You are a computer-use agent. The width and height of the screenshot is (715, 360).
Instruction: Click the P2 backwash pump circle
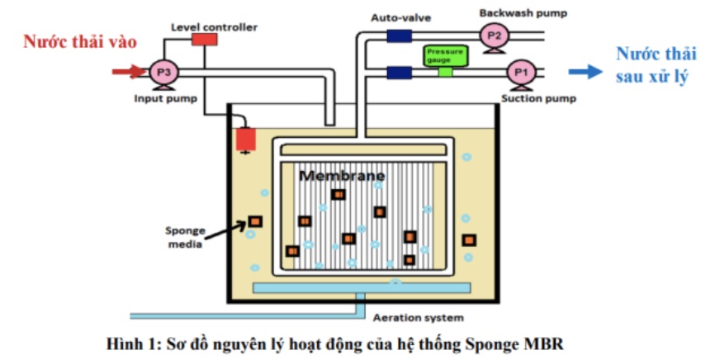point(494,35)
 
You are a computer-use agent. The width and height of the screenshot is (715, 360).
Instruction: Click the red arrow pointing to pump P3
point(128,72)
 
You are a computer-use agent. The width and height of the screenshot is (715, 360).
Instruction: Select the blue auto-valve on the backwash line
point(399,36)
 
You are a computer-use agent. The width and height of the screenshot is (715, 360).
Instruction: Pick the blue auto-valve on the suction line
point(399,73)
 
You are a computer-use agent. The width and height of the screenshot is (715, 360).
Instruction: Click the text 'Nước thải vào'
point(79,41)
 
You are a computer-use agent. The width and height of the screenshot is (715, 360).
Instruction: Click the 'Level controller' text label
point(214,26)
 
